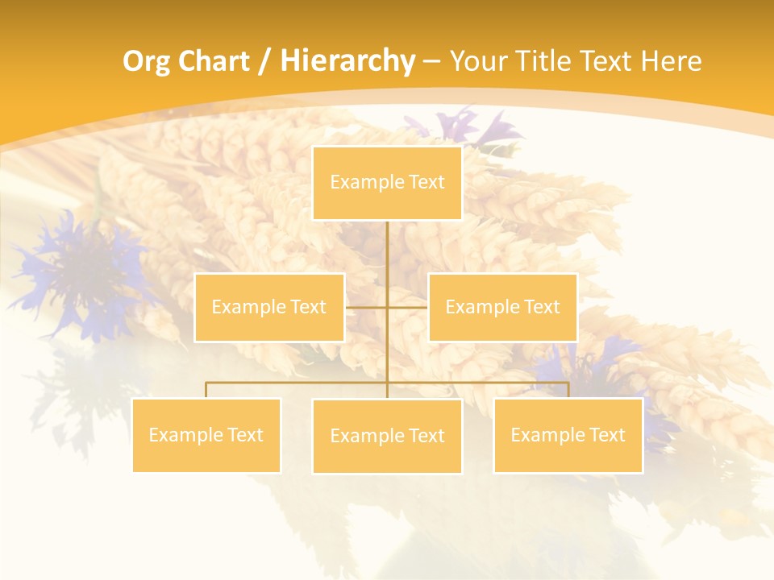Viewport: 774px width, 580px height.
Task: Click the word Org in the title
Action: pos(146,61)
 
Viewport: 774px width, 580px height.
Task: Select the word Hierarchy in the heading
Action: pos(347,61)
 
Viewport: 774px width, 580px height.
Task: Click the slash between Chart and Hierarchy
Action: pos(264,62)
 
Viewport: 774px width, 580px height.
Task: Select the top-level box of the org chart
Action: pos(387,183)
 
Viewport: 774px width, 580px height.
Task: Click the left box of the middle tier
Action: pos(269,308)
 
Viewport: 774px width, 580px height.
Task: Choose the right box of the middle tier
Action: pos(502,308)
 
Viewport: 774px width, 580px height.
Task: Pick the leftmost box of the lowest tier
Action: pos(206,436)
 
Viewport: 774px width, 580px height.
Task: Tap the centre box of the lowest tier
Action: pos(387,437)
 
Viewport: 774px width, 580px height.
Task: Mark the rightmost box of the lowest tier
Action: pos(568,436)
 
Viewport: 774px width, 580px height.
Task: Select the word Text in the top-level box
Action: pos(427,182)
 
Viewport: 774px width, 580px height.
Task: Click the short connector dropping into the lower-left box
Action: pos(206,390)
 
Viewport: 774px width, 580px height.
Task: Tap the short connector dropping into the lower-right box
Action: pos(568,390)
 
